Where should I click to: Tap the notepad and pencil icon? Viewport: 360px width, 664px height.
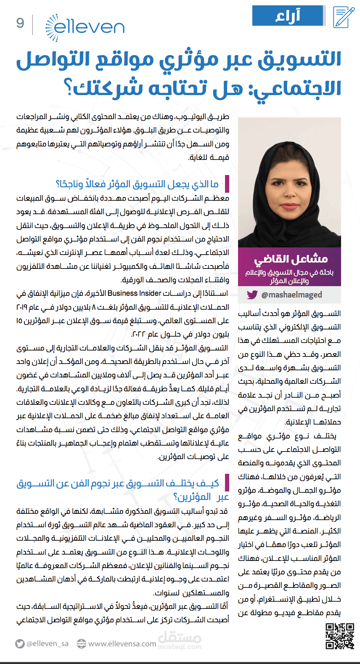343,17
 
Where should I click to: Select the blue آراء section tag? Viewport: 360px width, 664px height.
289,16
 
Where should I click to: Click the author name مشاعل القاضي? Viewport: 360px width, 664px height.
291,258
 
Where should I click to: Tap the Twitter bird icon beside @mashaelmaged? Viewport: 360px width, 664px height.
252,295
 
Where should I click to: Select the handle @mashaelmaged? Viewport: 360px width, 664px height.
291,295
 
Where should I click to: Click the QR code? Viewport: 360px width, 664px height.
340,636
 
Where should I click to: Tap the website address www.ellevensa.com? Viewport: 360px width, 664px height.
122,644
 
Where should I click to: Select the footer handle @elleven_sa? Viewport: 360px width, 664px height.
47,644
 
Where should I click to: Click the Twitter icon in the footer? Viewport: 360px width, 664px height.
19,644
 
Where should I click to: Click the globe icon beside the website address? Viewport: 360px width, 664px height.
82,644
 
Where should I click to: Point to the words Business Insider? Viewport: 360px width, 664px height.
135,293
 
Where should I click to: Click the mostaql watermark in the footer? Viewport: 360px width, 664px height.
180,640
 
